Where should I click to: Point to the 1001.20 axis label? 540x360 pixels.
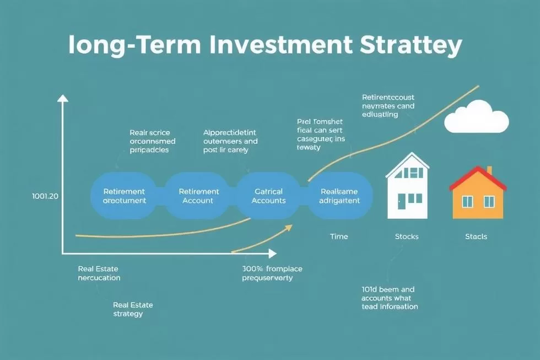41,196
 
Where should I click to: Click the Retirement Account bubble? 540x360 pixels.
199,196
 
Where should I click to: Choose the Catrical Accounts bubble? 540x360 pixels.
269,196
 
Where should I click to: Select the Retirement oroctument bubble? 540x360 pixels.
124,196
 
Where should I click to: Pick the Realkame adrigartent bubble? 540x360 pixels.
339,196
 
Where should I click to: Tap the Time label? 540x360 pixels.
339,237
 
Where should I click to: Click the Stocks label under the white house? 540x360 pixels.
407,237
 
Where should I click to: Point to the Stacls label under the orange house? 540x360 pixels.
476,237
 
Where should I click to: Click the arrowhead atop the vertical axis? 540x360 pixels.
63,99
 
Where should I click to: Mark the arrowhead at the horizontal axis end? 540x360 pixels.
272,254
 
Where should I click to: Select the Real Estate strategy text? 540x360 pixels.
133,309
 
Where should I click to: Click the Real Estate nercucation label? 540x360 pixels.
99,273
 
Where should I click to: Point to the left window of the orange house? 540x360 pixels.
467,202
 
